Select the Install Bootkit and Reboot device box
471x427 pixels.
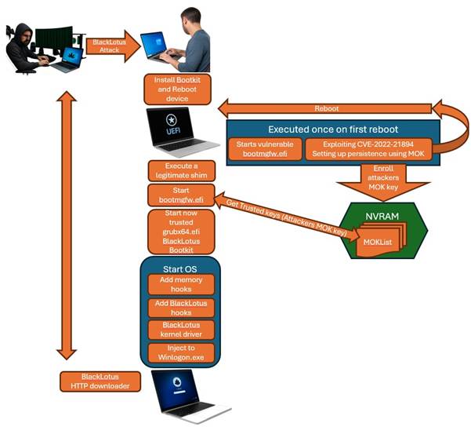tap(178, 89)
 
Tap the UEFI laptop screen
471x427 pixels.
tap(172, 126)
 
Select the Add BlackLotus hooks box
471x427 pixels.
tap(181, 308)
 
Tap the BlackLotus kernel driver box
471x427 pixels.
tap(181, 331)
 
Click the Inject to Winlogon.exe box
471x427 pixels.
tap(181, 353)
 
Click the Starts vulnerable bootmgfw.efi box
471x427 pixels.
tap(265, 149)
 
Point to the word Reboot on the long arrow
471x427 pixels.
tap(326, 108)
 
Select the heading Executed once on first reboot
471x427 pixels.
tap(331, 129)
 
